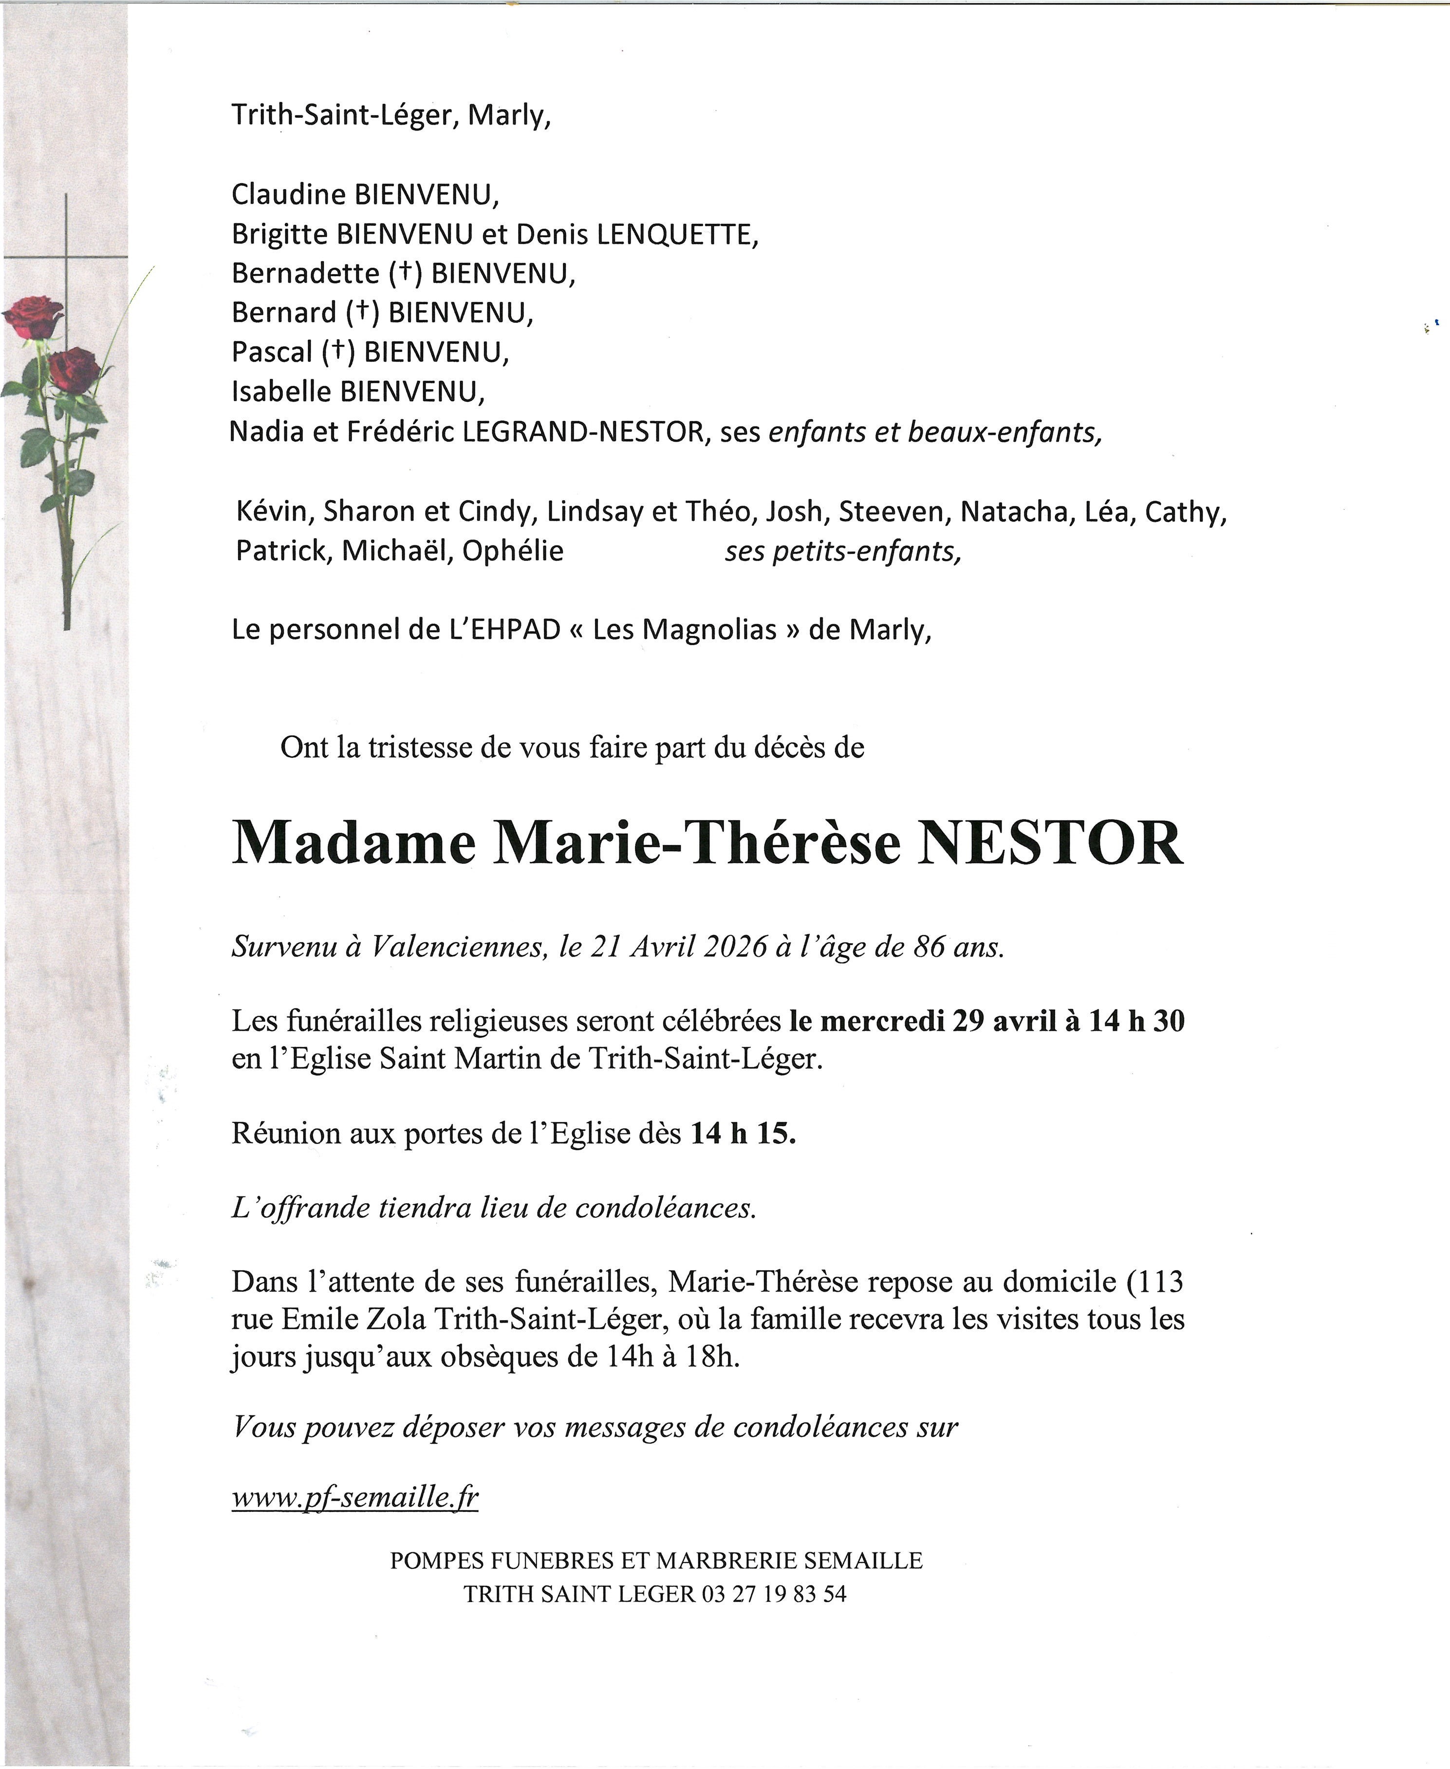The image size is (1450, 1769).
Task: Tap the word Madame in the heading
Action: (x=353, y=844)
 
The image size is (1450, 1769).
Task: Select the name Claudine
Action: (x=288, y=195)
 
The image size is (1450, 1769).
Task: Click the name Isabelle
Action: (x=280, y=391)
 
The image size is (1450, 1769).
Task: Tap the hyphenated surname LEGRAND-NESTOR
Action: (x=583, y=432)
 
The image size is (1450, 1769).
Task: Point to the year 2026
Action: (x=735, y=946)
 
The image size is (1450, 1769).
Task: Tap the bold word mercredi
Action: (x=882, y=1021)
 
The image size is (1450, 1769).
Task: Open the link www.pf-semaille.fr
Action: (x=355, y=1498)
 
